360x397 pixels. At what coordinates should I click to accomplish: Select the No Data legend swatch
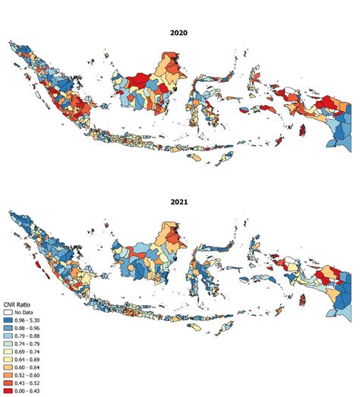pos(8,312)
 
